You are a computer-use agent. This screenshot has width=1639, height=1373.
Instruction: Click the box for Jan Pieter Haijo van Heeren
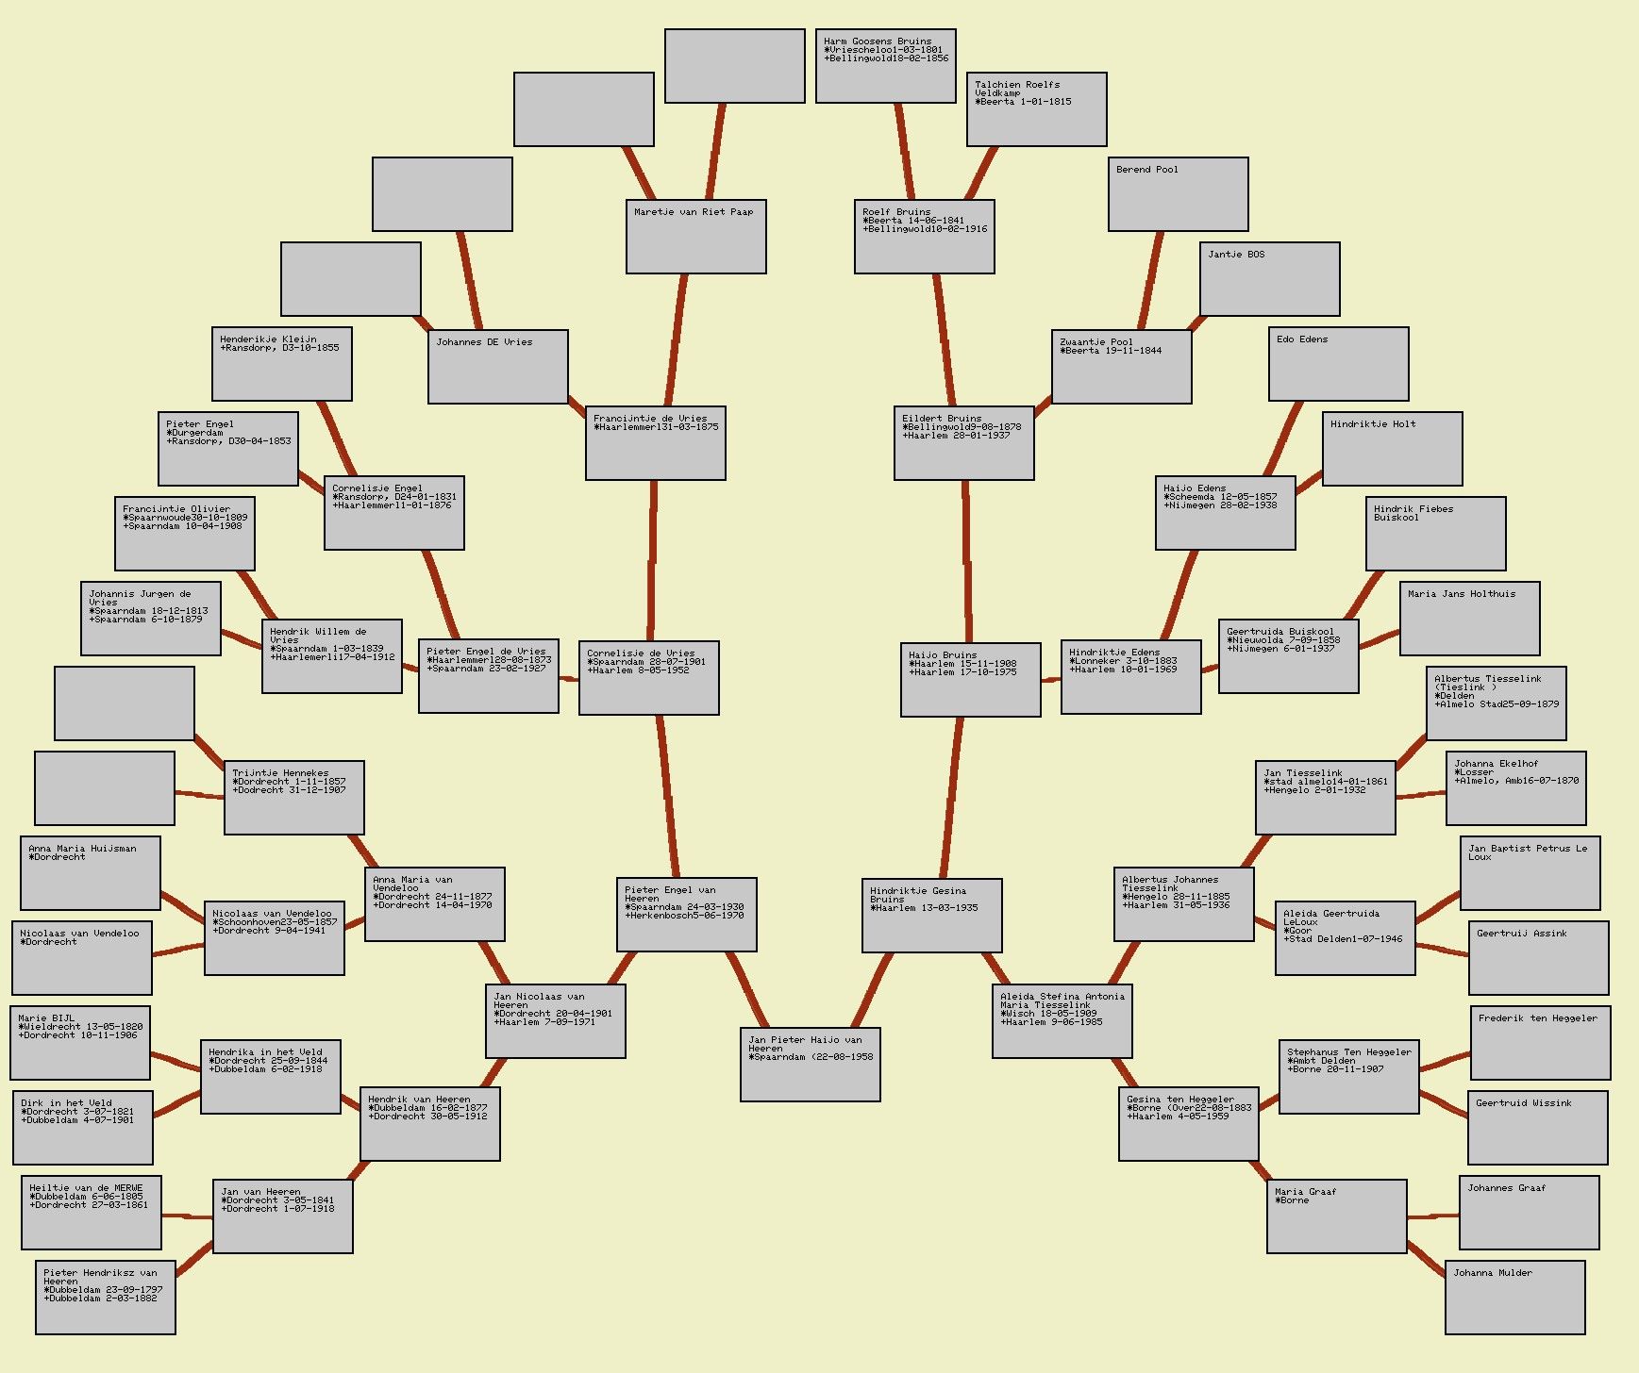[810, 1064]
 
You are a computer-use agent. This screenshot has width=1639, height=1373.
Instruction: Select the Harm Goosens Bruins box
[885, 65]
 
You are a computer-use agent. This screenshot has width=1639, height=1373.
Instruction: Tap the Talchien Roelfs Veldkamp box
[1036, 109]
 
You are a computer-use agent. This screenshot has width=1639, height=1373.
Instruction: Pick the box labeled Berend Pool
[1178, 193]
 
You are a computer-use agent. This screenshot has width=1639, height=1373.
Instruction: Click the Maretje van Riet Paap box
[695, 236]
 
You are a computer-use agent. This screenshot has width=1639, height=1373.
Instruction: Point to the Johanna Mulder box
[1514, 1297]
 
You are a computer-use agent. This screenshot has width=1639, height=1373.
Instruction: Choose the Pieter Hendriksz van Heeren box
[105, 1297]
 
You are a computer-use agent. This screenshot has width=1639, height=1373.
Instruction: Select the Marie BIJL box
[80, 1043]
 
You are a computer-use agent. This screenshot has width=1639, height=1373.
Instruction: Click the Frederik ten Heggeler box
[1540, 1043]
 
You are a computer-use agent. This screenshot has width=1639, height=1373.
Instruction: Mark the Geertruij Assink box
[1538, 957]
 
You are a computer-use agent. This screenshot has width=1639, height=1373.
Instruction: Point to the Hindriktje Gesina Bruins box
[931, 915]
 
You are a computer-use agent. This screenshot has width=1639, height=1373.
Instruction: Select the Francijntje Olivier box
[184, 533]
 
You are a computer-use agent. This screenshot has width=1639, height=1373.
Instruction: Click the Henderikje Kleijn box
[281, 363]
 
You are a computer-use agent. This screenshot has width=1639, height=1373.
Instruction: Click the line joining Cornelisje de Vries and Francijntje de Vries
[652, 561]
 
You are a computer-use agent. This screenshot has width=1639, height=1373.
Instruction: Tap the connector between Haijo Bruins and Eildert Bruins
[967, 561]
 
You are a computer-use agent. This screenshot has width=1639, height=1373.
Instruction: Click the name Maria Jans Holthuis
[1461, 594]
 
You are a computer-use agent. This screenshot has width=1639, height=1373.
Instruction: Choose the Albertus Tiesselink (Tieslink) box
[1496, 703]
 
